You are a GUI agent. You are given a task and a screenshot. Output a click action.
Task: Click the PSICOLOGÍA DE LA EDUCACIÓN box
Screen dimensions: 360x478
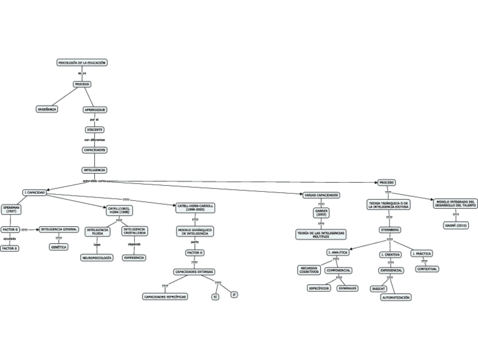(82, 63)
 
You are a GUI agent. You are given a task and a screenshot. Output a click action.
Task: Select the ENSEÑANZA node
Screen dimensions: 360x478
(47, 109)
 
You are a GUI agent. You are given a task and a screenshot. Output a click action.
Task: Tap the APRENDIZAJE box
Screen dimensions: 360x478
(95, 109)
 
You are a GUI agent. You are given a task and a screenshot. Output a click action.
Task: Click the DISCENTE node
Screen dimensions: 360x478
(95, 129)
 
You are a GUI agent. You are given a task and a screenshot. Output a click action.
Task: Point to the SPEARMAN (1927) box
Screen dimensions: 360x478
(11, 209)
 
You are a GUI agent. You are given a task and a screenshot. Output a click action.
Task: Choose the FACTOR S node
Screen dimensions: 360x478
(10, 248)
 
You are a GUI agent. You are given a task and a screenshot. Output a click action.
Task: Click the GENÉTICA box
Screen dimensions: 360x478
(59, 247)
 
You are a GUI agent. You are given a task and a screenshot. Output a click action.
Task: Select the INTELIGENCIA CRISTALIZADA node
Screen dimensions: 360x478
(135, 231)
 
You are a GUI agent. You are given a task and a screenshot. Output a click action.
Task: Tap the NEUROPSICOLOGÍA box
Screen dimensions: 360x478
(98, 257)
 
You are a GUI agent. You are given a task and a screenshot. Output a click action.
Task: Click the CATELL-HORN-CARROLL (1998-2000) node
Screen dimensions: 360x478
(195, 208)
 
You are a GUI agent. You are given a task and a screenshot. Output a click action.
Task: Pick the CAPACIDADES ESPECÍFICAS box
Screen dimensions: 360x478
(165, 296)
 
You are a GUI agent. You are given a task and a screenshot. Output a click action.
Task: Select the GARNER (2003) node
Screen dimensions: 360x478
(321, 213)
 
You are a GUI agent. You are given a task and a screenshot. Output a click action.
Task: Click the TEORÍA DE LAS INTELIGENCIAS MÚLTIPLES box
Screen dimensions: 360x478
(321, 234)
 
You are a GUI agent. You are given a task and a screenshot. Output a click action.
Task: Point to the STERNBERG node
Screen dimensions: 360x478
(390, 230)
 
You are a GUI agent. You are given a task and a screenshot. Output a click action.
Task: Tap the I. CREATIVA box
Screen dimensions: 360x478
(390, 254)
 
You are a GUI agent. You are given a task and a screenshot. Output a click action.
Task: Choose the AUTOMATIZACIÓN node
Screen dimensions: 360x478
(396, 297)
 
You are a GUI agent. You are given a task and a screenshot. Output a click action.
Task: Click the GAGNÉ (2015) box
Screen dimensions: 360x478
(455, 225)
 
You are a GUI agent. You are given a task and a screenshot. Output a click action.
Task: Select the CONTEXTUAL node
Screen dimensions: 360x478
(427, 269)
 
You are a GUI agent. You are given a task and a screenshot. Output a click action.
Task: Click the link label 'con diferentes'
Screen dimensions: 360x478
(95, 139)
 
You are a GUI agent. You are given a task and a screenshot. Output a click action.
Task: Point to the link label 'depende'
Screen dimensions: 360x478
(134, 244)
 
